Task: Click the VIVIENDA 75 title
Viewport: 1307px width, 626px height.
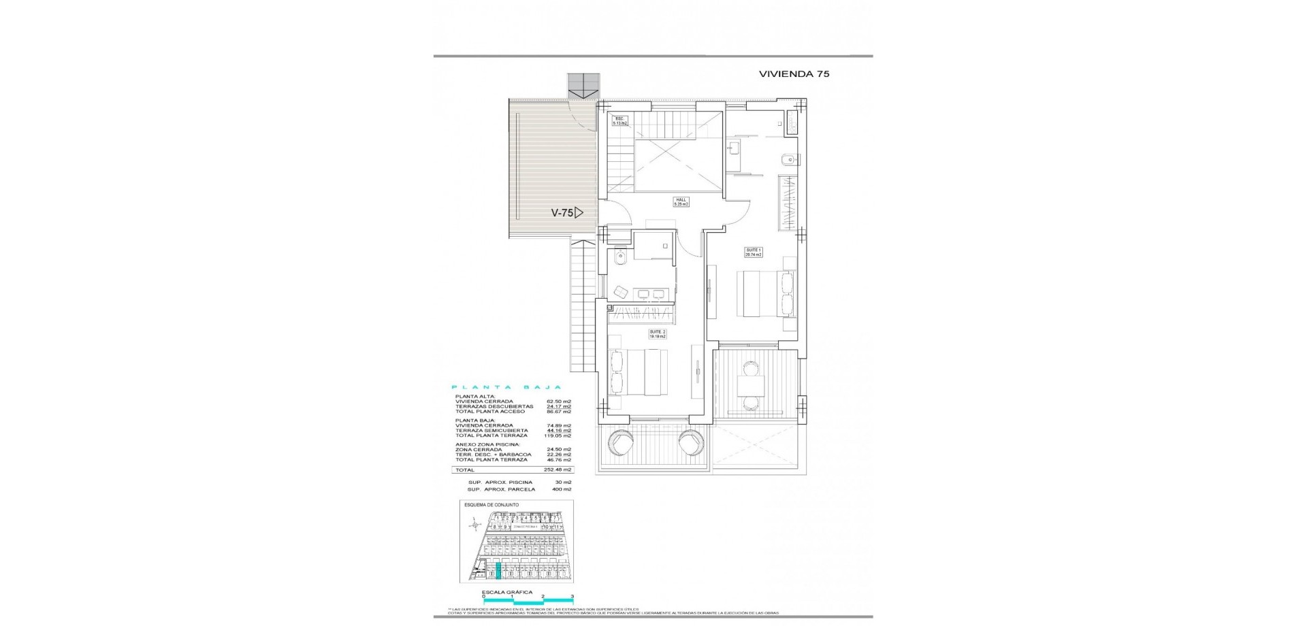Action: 794,74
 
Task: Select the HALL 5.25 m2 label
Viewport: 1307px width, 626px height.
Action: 681,202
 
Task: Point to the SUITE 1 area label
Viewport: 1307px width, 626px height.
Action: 754,252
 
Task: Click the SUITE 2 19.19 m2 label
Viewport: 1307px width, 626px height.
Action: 657,334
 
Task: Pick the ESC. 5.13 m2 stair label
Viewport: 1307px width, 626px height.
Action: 619,121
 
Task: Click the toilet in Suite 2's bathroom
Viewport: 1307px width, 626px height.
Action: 619,258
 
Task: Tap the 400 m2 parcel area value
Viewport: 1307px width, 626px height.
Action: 562,489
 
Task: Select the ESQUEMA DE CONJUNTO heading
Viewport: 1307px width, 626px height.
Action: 491,505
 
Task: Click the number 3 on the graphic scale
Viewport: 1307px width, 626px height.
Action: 572,596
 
